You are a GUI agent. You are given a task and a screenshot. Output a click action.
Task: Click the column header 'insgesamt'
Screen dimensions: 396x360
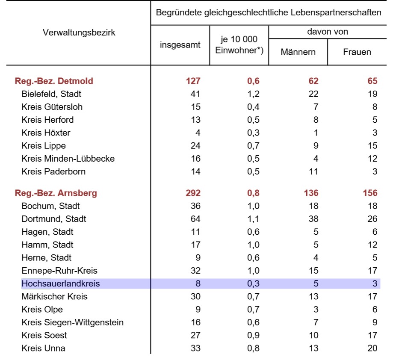pos(180,45)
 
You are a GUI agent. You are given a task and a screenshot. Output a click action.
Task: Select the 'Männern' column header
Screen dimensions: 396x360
pos(298,52)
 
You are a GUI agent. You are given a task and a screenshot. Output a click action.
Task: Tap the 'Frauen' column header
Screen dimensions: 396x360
pos(357,52)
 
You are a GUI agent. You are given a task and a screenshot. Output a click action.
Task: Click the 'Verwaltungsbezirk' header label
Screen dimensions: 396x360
pos(79,32)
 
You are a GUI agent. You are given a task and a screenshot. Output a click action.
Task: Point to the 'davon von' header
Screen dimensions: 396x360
pos(328,32)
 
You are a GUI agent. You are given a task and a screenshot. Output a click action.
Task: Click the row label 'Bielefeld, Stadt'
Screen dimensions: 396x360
pos(51,94)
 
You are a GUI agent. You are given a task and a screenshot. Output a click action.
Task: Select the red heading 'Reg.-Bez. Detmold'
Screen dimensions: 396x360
pos(54,81)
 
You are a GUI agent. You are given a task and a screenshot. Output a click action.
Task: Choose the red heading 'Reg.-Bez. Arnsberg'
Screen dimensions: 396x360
pos(56,193)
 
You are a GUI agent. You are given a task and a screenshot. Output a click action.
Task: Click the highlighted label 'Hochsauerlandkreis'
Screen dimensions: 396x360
pos(61,283)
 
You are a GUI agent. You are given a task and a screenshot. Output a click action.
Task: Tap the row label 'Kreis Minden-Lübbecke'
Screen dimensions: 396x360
pos(68,159)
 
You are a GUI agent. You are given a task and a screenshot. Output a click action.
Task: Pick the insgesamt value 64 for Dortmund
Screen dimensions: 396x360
pos(195,219)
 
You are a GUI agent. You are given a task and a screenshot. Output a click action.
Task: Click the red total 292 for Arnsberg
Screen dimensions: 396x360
pos(193,193)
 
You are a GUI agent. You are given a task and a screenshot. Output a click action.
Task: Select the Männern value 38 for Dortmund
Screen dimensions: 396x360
pos(313,219)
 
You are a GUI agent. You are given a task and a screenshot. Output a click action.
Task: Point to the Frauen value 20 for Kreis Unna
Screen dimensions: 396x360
pos(372,348)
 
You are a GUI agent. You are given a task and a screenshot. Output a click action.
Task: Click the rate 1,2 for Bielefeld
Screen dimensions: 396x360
pos(253,94)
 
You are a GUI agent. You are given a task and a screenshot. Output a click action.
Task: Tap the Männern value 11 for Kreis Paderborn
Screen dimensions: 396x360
pos(313,171)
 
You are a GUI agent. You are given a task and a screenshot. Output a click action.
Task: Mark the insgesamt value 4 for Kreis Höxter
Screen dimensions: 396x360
pos(198,133)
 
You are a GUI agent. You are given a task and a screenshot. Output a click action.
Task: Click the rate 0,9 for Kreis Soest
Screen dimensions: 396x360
pos(253,335)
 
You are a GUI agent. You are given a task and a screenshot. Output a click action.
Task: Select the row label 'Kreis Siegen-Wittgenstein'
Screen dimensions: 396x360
pos(72,322)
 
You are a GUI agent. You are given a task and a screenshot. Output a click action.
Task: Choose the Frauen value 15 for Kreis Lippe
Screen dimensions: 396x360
pos(372,146)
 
